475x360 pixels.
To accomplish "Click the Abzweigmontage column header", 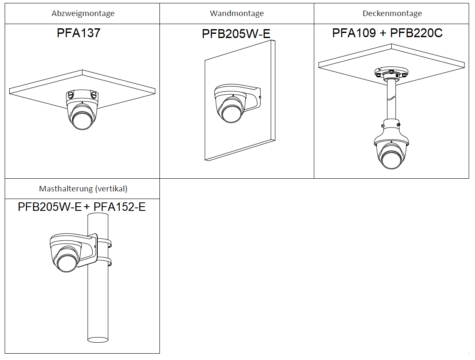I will pos(83,14).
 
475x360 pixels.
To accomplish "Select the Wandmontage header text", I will pos(236,14).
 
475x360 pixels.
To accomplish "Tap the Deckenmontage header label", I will pos(392,14).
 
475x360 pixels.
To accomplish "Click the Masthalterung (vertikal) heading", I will pos(83,189).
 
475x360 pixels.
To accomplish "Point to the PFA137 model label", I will pos(79,33).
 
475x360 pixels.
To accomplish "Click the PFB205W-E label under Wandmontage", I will pos(236,34).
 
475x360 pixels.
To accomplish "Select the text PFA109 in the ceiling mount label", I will pos(354,33).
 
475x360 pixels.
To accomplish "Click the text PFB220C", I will pos(416,33).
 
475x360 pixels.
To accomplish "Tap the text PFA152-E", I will pos(120,207).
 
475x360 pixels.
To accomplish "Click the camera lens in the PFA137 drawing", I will pos(81,120).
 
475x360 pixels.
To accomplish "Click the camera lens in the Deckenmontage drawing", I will pos(391,159).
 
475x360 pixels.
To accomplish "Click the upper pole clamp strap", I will pos(104,243).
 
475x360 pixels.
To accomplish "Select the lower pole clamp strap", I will pos(104,261).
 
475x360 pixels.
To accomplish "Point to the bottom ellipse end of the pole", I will pos(98,338).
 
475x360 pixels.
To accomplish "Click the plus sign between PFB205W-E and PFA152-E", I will pos(87,207).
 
